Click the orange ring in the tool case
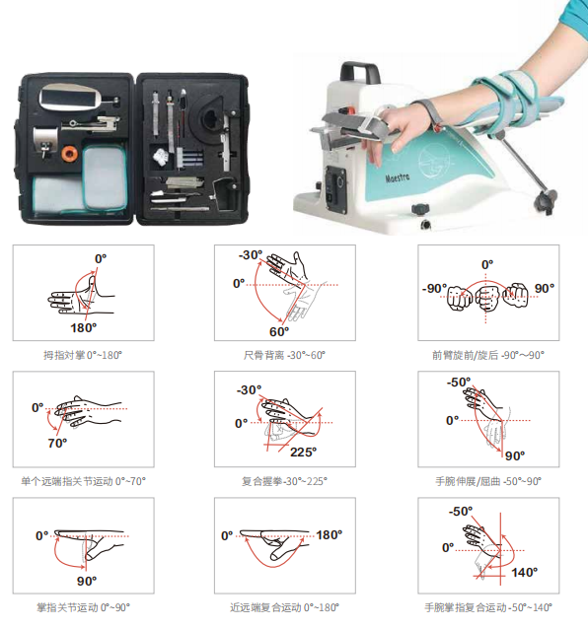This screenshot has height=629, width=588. pyautogui.click(x=70, y=154)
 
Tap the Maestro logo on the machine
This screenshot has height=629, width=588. pyautogui.click(x=398, y=177)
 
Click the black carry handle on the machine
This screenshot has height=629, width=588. pyautogui.click(x=359, y=72)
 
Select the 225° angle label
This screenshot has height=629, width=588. pyautogui.click(x=304, y=453)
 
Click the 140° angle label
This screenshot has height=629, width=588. pyautogui.click(x=525, y=573)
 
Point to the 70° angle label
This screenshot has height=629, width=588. pyautogui.click(x=57, y=444)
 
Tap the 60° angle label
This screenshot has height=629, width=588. pyautogui.click(x=279, y=332)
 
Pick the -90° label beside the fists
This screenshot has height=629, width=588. pyautogui.click(x=434, y=289)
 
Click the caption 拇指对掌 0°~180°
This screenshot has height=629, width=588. pyautogui.click(x=83, y=355)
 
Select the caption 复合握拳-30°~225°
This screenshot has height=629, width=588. pyautogui.click(x=284, y=481)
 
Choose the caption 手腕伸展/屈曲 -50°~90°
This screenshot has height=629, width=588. pyautogui.click(x=488, y=481)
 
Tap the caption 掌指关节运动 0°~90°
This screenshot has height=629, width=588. pyautogui.click(x=83, y=607)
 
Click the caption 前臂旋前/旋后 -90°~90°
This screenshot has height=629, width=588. pyautogui.click(x=488, y=355)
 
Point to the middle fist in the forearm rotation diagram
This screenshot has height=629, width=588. pyautogui.click(x=486, y=298)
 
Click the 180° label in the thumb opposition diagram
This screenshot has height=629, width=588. pyautogui.click(x=84, y=328)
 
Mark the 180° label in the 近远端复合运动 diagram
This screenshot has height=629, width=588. pyautogui.click(x=330, y=535)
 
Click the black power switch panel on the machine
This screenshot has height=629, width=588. pyautogui.click(x=335, y=189)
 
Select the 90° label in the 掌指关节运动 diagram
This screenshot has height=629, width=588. pyautogui.click(x=87, y=582)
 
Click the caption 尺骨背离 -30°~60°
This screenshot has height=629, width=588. pyautogui.click(x=284, y=355)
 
